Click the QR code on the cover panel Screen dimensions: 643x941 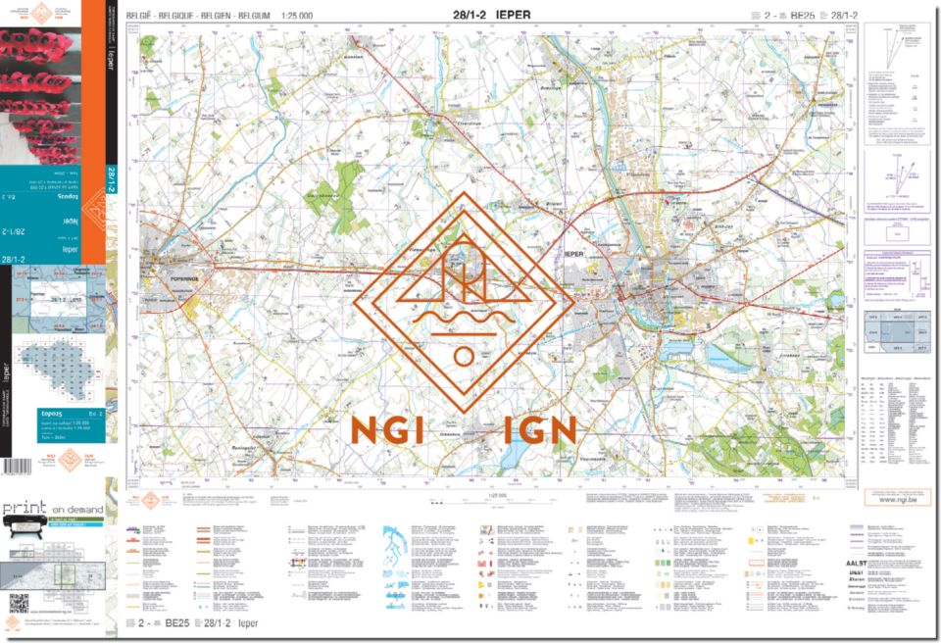19,603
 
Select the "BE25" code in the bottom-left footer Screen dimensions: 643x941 176,622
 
